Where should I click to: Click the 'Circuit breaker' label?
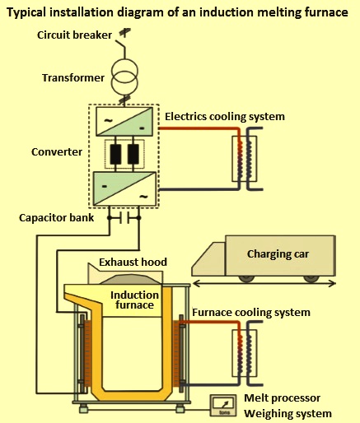point(74,35)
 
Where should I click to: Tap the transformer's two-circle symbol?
point(124,77)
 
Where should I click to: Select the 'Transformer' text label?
point(73,78)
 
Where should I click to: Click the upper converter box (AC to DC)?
point(124,121)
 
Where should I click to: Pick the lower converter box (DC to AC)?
point(124,188)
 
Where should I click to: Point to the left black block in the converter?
point(115,154)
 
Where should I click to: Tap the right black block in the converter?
point(133,154)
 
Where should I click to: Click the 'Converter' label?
point(57,152)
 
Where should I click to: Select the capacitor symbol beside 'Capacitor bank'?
point(124,218)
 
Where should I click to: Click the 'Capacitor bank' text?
point(57,218)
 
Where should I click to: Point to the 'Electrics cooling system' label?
point(225,117)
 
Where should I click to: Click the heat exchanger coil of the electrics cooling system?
point(245,159)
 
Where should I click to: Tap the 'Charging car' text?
point(278,254)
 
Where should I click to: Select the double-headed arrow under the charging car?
point(264,284)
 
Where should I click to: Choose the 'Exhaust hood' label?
point(133,262)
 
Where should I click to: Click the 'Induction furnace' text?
point(134,300)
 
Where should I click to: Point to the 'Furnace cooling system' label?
point(251,312)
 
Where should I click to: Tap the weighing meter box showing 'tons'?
point(223,406)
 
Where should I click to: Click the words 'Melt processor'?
point(282,398)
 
